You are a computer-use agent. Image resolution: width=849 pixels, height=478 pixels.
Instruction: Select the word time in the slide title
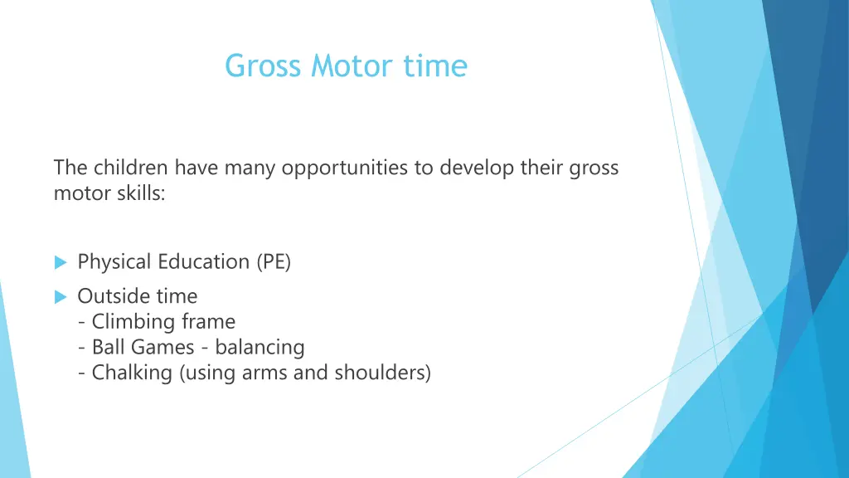point(435,66)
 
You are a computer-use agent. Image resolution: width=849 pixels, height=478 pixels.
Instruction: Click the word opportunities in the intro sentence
point(346,168)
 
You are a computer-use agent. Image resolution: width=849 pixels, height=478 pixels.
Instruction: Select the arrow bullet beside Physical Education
point(60,262)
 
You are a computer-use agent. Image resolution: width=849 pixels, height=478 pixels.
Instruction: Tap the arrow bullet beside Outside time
point(60,296)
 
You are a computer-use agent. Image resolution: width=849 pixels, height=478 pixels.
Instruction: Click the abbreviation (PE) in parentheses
point(273,262)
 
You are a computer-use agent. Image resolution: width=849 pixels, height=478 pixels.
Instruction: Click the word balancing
point(260,347)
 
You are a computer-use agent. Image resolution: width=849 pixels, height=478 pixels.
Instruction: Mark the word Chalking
point(133,373)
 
